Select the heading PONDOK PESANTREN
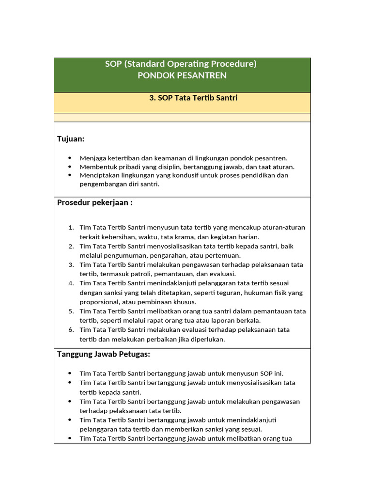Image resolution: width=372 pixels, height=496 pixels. coord(182,76)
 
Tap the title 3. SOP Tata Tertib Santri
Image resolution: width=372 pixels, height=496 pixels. coord(193,98)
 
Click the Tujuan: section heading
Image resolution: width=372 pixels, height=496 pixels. coord(71,139)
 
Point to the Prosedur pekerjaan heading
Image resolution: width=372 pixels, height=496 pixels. coord(95,202)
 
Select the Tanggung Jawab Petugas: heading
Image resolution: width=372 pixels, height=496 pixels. coord(104,354)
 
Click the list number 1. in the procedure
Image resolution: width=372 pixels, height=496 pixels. coord(71,228)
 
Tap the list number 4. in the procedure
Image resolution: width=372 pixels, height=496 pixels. coord(71,283)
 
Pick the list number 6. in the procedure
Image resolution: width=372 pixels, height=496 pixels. coord(71,330)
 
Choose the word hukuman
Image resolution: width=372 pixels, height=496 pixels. coord(260,293)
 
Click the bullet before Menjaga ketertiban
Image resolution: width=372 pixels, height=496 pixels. coord(70,158)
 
